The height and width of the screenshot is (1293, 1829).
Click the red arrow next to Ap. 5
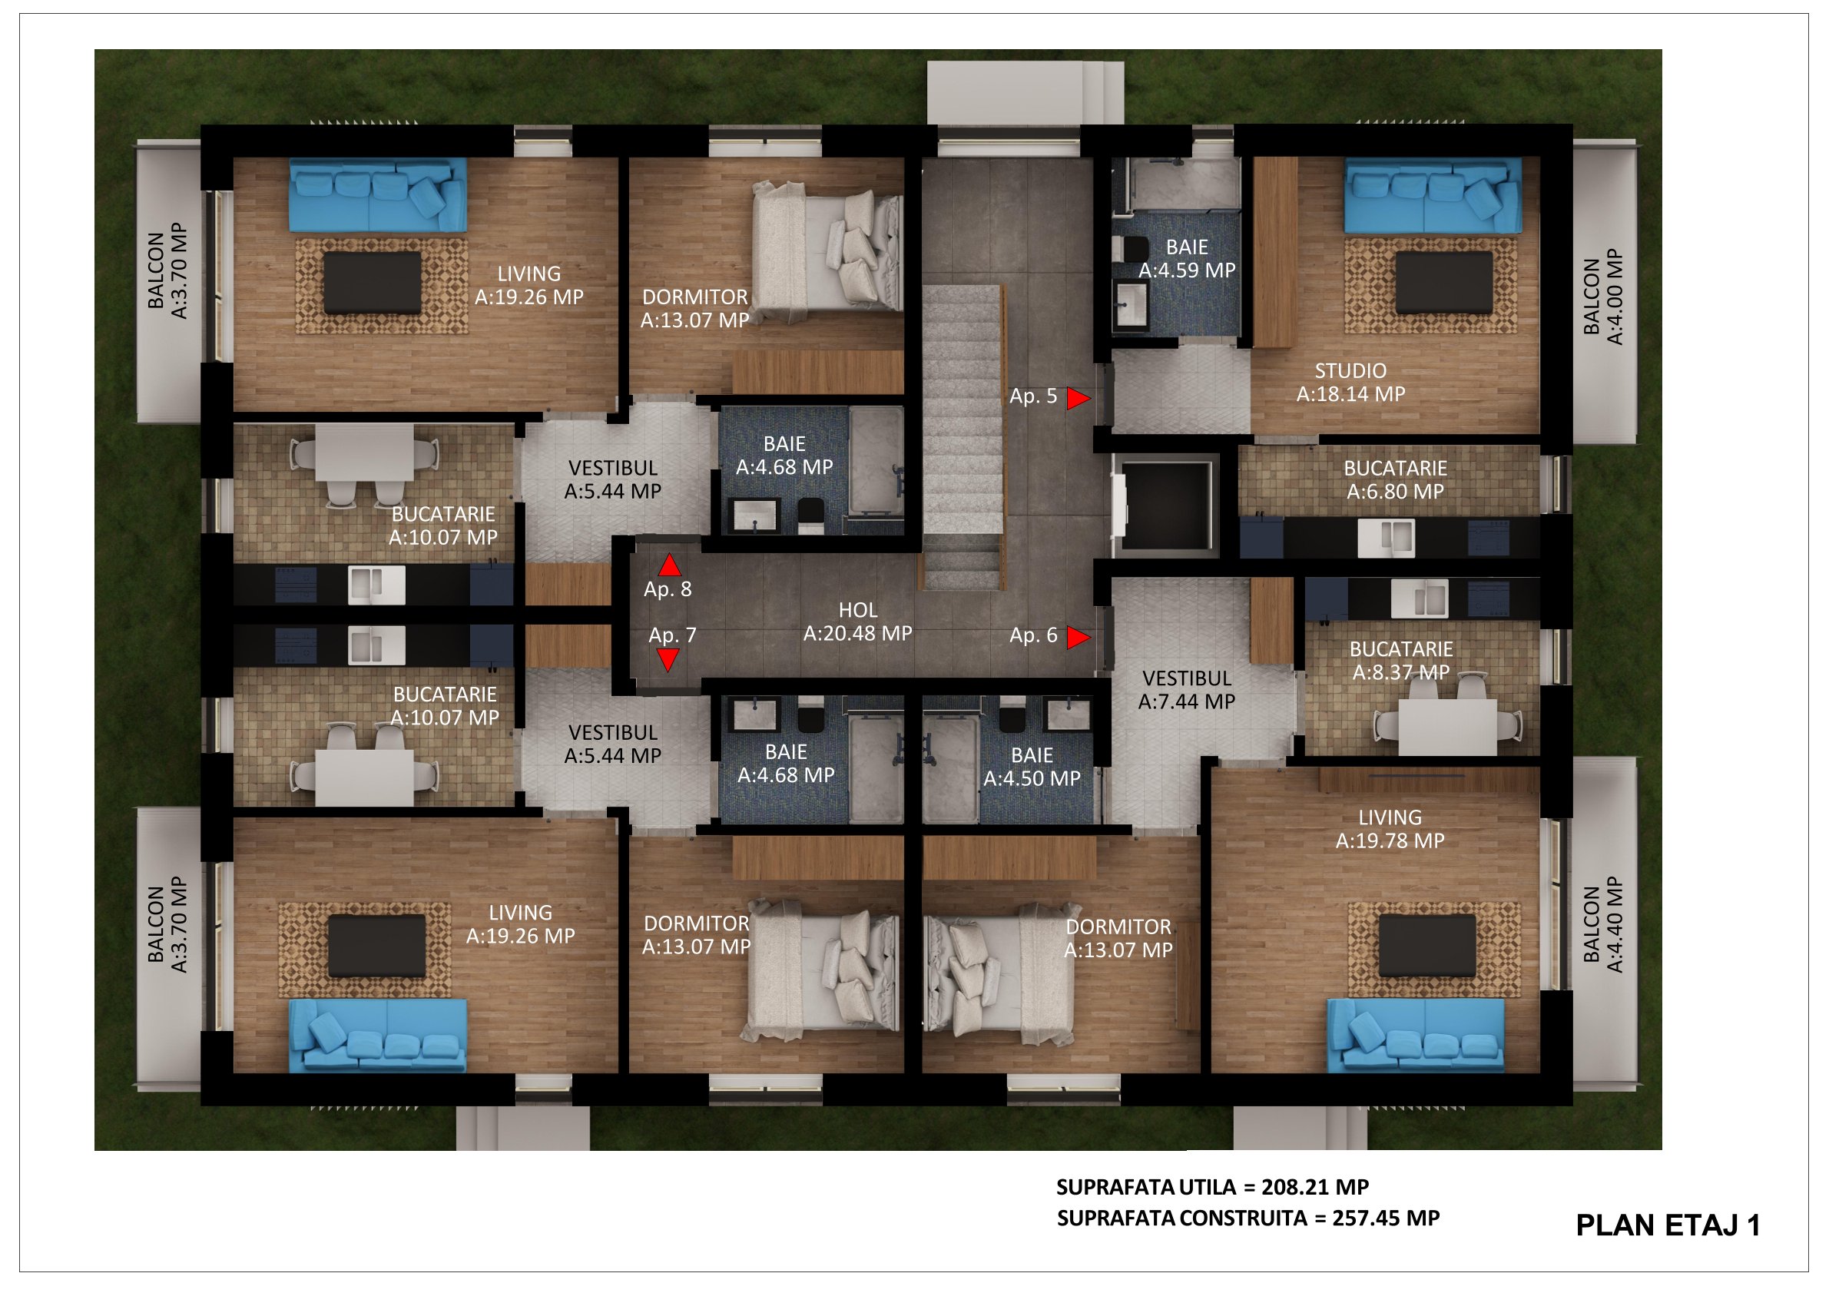[x=1078, y=398]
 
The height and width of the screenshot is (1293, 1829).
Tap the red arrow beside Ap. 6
[x=1078, y=638]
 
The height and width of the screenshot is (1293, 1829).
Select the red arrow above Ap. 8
[x=669, y=565]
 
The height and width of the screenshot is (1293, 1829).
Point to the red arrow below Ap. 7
[x=668, y=661]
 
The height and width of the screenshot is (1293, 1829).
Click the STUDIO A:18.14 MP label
[x=1350, y=383]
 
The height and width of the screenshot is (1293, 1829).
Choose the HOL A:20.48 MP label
[x=858, y=622]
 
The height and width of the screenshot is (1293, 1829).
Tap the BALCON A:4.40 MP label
[x=1602, y=924]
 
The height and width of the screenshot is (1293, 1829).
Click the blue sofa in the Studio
[x=1433, y=195]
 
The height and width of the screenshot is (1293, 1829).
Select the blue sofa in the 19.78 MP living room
[x=1416, y=1036]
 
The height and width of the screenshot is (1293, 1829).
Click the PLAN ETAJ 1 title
[x=1668, y=1225]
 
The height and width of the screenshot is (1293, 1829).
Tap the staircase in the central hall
[x=963, y=436]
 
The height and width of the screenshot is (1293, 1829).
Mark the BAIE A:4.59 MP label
[x=1187, y=259]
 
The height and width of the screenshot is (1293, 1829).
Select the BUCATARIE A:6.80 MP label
[x=1395, y=479]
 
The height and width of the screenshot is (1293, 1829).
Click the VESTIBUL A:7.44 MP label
[x=1187, y=690]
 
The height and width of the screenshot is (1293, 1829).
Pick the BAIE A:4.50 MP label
[x=1032, y=767]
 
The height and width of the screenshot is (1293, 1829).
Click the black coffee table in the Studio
[x=1444, y=283]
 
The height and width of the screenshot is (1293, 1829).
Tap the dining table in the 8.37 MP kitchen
[x=1448, y=727]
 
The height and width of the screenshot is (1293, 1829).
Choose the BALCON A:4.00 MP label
[x=1602, y=297]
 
